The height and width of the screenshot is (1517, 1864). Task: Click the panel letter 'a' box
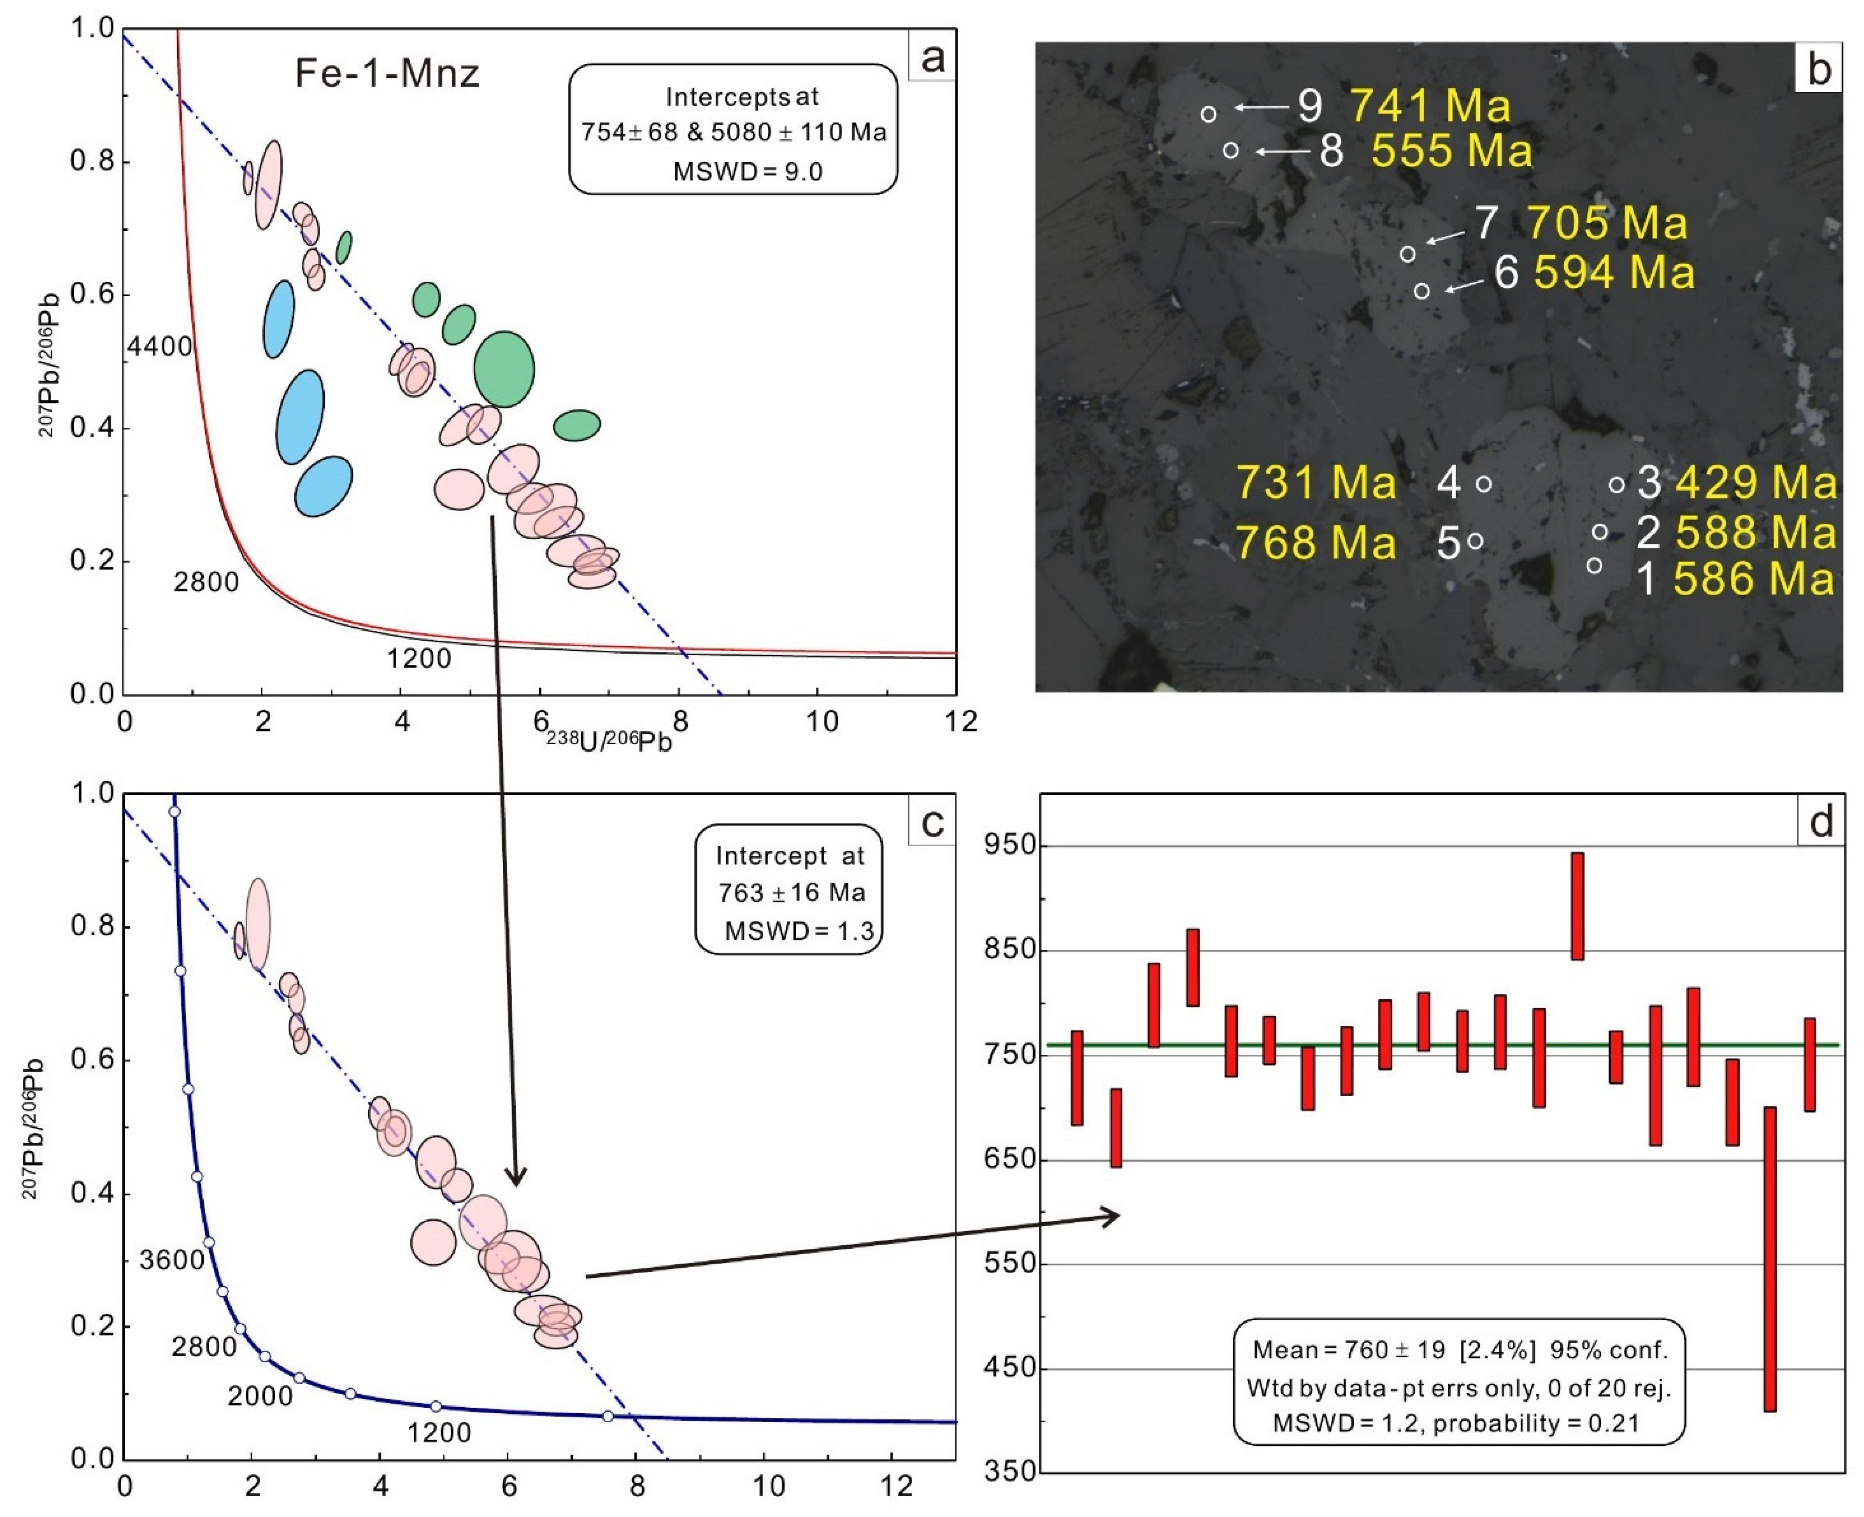point(932,57)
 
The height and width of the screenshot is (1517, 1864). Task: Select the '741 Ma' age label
point(1430,106)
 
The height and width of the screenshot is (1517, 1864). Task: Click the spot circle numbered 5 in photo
point(1475,541)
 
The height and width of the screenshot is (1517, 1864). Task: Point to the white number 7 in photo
point(1485,223)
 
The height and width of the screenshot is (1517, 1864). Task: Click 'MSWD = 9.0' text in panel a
point(747,171)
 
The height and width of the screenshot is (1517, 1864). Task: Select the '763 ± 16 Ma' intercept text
point(791,892)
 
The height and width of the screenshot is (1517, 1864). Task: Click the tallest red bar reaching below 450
point(1770,1259)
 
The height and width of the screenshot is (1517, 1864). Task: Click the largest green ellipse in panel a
point(504,369)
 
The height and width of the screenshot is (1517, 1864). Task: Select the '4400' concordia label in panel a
point(159,348)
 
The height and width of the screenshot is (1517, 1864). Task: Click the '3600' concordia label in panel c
point(171,1260)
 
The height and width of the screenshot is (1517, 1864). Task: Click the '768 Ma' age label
point(1315,543)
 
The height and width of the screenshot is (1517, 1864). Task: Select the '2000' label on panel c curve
point(259,1396)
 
